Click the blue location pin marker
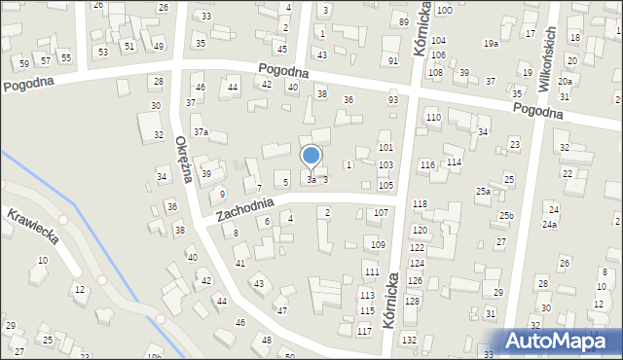click(x=311, y=156)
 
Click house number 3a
click(x=311, y=179)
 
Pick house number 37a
click(x=201, y=131)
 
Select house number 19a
click(x=491, y=44)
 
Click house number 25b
click(x=505, y=215)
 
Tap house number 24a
click(x=550, y=225)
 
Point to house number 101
click(x=385, y=147)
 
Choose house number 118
click(x=420, y=203)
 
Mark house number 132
click(x=410, y=340)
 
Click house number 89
click(x=403, y=21)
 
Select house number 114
click(x=454, y=162)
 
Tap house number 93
click(x=393, y=99)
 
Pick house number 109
click(x=378, y=244)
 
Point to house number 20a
click(x=565, y=83)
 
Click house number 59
click(x=24, y=63)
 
